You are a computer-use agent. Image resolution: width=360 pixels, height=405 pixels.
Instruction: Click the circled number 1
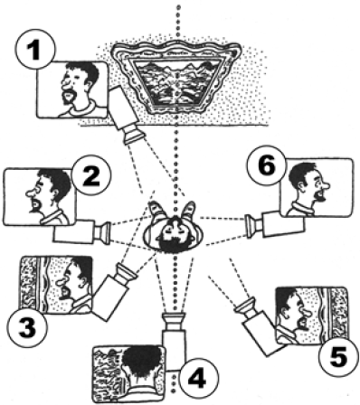point(36,49)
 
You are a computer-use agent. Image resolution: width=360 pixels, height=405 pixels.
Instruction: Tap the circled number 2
point(91,175)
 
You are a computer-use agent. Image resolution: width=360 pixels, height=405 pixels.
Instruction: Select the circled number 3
point(27,328)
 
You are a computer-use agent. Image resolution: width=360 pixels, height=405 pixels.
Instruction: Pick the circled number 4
point(198,378)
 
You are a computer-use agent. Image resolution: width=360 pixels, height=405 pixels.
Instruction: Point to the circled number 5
point(338,357)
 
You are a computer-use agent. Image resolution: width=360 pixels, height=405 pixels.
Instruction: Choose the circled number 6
point(267,165)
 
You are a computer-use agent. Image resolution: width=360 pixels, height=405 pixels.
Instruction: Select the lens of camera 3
point(125,273)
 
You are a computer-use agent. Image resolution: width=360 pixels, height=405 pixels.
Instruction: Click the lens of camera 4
point(174,321)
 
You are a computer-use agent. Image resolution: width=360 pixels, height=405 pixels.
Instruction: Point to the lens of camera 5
point(246,307)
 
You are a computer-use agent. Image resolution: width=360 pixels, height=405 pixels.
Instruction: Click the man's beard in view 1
point(69,97)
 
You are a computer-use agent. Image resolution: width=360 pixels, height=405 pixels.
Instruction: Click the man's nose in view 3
point(61,282)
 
